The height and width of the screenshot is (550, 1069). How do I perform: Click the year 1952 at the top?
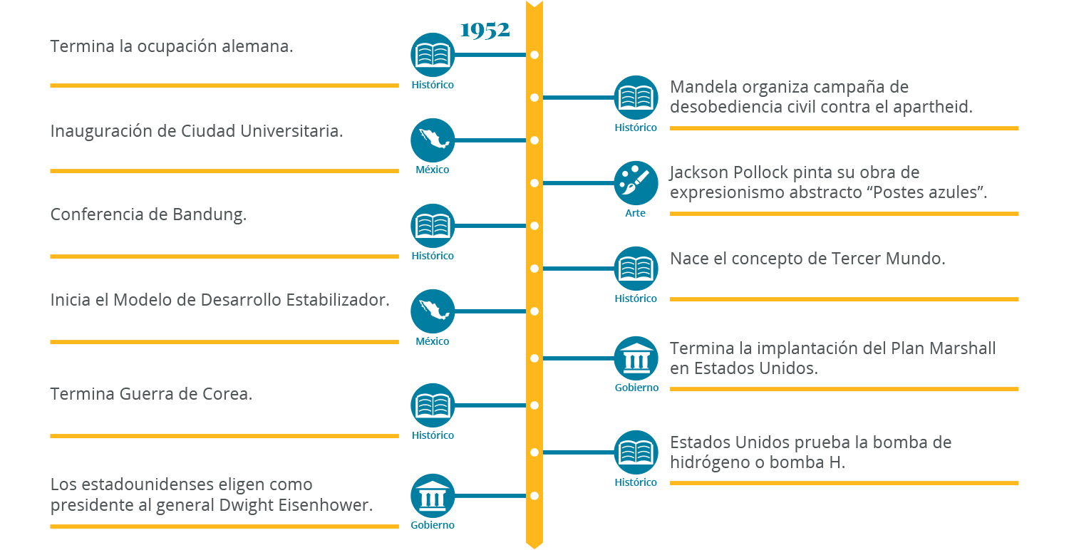[x=485, y=31]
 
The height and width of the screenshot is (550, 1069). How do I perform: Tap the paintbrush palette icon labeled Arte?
[x=636, y=183]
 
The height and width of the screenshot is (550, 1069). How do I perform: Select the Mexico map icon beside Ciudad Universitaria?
[x=433, y=140]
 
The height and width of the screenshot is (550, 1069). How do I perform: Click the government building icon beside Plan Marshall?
[x=636, y=358]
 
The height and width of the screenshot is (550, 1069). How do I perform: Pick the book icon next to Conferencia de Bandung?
[x=433, y=226]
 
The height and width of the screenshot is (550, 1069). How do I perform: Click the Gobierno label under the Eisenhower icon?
[x=433, y=526]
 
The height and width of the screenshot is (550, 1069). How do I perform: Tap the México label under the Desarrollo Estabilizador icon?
[x=433, y=341]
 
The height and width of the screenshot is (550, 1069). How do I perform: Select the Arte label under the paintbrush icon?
[x=636, y=213]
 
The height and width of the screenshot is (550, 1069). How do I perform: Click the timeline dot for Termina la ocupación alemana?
[x=534, y=55]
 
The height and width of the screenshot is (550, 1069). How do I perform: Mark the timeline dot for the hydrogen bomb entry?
[x=534, y=452]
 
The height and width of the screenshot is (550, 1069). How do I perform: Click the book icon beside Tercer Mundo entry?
[x=636, y=269]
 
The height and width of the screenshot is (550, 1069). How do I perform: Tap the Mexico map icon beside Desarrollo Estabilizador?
[x=433, y=311]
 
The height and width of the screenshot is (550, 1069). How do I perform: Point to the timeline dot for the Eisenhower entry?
[x=534, y=496]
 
